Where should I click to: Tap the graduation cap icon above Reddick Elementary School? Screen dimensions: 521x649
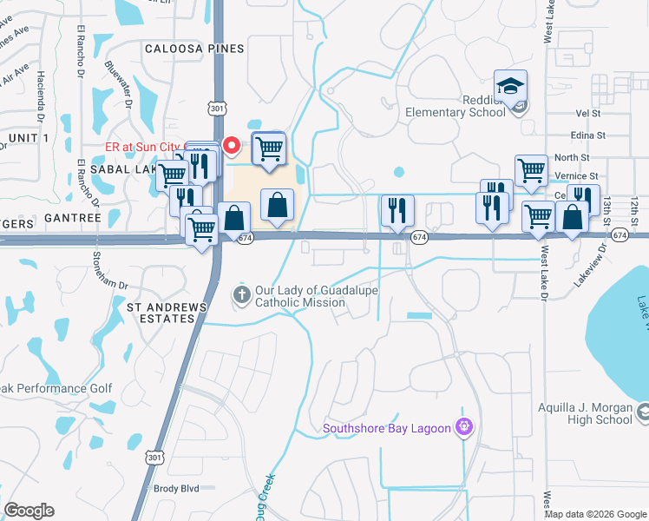[510, 86]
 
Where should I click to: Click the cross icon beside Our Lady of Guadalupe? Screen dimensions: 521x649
[242, 296]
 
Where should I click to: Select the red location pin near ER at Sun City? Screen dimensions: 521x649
[230, 144]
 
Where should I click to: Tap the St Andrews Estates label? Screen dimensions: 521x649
[167, 313]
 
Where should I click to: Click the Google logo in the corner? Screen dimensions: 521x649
[29, 511]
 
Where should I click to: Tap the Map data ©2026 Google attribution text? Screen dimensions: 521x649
[594, 514]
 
